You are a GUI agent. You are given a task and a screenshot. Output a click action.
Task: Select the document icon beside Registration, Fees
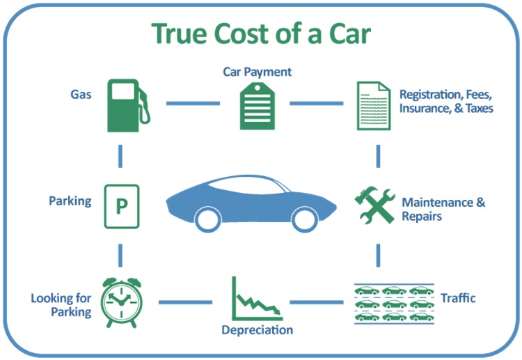(372, 105)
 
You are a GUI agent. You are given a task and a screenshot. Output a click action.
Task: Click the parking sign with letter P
(121, 206)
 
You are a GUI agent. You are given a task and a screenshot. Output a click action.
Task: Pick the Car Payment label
(257, 72)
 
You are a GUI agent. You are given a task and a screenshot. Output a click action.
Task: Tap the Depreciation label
(257, 330)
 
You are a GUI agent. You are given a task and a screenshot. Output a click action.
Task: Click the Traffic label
(458, 298)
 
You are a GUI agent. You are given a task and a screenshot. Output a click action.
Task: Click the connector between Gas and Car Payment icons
(192, 104)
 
